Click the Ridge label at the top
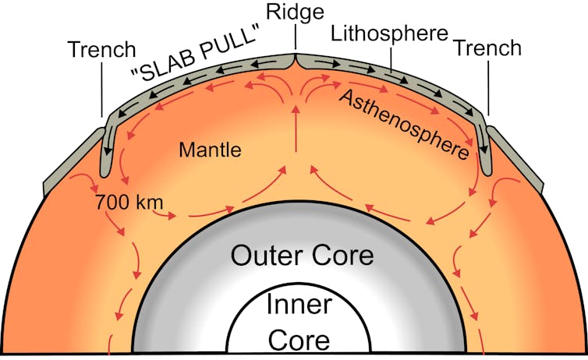pyautogui.click(x=295, y=12)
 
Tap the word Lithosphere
pyautogui.click(x=389, y=34)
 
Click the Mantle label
pyautogui.click(x=210, y=150)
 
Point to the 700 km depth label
pyautogui.click(x=129, y=203)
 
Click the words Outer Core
pyautogui.click(x=302, y=256)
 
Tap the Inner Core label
pyautogui.click(x=299, y=322)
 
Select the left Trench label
pyautogui.click(x=101, y=49)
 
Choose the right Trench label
pyautogui.click(x=487, y=48)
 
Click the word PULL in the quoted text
pyautogui.click(x=229, y=44)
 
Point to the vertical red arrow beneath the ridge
pyautogui.click(x=296, y=129)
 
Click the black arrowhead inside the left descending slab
pyautogui.click(x=108, y=151)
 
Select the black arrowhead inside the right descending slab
pyautogui.click(x=484, y=150)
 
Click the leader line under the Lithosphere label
pyautogui.click(x=391, y=58)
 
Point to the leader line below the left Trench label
pyautogui.click(x=101, y=90)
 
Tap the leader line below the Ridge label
pyautogui.click(x=295, y=37)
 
